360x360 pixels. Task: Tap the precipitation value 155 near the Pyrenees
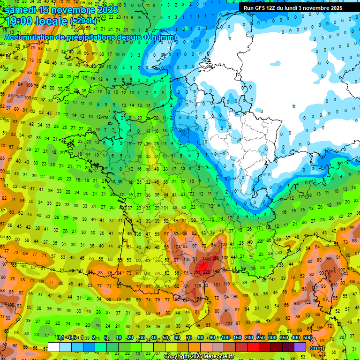click(199, 299)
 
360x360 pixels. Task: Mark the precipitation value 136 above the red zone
click(205, 258)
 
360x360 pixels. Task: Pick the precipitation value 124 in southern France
click(177, 247)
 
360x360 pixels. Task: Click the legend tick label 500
click(307, 338)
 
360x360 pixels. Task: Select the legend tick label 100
click(225, 338)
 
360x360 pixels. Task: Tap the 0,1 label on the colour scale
click(60, 338)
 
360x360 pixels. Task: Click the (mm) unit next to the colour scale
click(317, 348)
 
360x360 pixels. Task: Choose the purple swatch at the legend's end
click(300, 347)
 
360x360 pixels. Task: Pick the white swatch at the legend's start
click(54, 347)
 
